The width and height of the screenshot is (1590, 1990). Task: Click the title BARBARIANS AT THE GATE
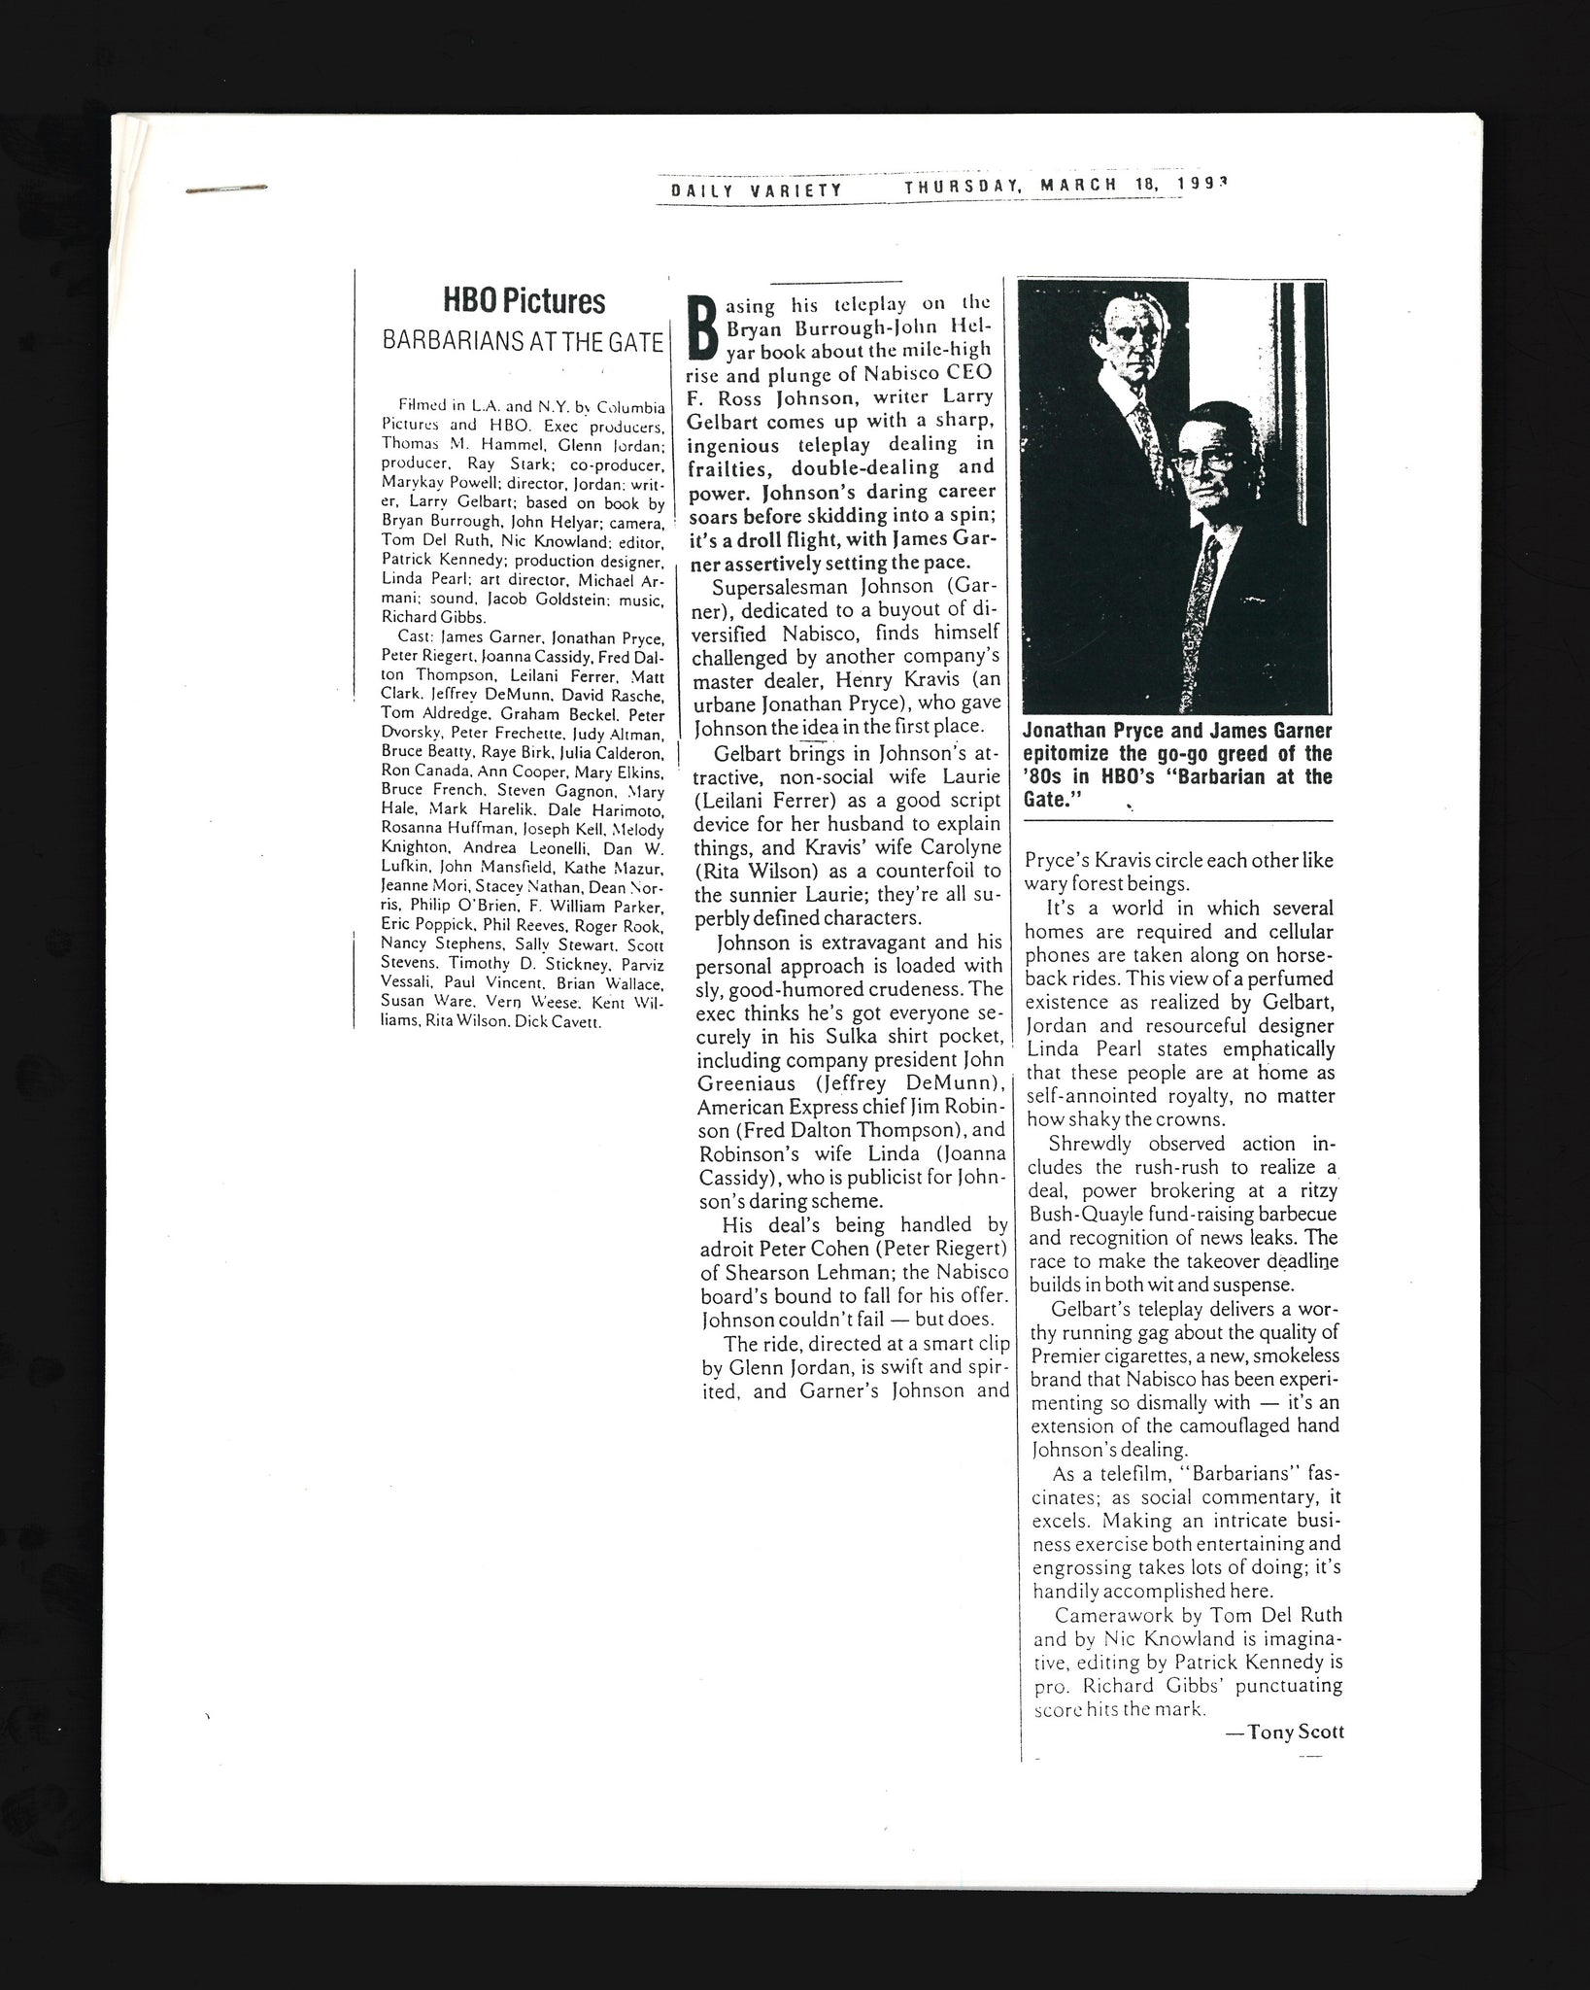point(523,342)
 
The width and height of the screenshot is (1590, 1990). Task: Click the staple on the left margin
point(225,187)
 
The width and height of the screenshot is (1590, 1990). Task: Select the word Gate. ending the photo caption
point(1052,799)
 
